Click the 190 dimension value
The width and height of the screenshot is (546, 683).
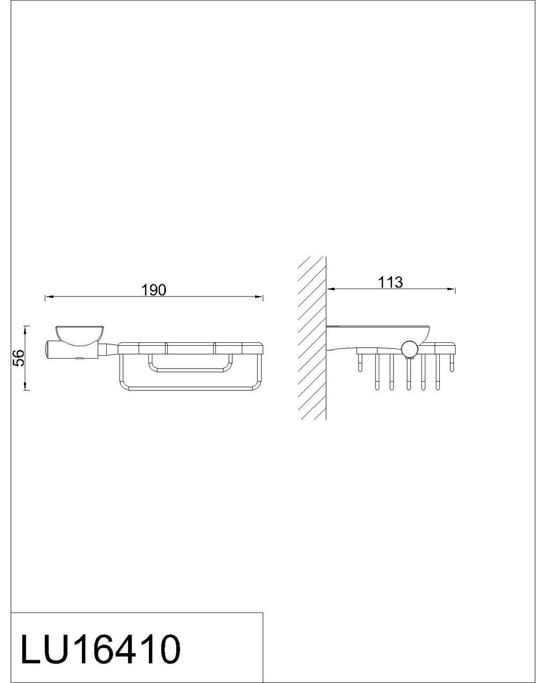(153, 290)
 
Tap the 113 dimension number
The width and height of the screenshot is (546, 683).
(390, 282)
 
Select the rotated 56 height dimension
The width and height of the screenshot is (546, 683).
(20, 358)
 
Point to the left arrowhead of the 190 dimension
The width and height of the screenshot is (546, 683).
(49, 297)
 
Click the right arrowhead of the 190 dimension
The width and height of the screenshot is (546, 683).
(259, 297)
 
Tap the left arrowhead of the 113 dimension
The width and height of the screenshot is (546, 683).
(331, 289)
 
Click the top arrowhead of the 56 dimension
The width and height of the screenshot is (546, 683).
(25, 329)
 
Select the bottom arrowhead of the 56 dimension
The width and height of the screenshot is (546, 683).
(25, 386)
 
